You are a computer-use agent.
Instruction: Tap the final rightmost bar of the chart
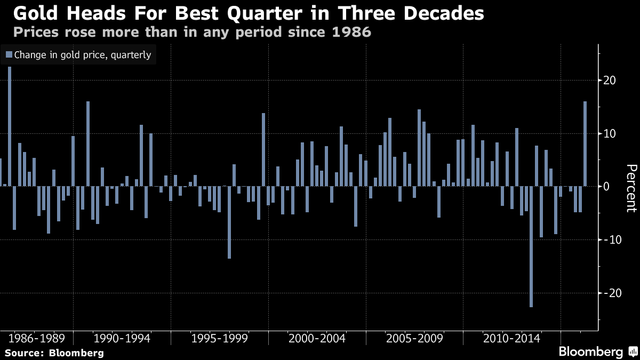tap(585, 144)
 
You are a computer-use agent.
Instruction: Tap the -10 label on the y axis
tap(609, 239)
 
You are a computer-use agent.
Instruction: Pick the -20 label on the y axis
tap(609, 293)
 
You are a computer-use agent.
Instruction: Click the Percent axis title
tap(630, 188)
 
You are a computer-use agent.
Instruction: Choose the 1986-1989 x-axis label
tap(36, 339)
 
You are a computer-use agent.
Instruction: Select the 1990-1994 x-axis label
tap(122, 339)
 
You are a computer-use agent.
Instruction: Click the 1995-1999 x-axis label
tap(219, 339)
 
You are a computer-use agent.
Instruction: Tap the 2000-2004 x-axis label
tap(317, 339)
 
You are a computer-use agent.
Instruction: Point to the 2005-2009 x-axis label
tap(414, 339)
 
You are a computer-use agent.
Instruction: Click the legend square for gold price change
tap(9, 54)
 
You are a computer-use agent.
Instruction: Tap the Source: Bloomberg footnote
tap(54, 353)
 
